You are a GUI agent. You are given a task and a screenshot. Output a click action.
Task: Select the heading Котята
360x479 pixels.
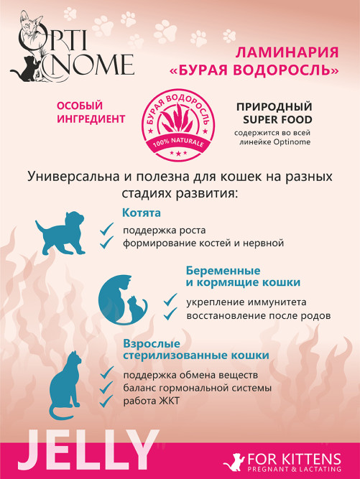coord(142,213)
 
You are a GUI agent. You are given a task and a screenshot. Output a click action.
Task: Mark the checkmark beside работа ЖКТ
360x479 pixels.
coord(107,401)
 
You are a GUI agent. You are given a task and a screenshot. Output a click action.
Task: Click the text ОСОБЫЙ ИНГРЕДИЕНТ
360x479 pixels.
coord(91,112)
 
